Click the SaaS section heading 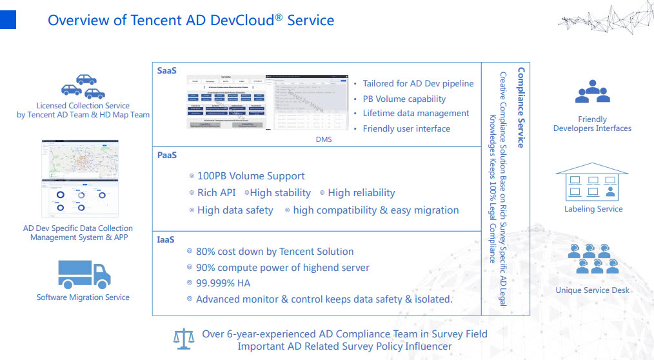pyautogui.click(x=166, y=70)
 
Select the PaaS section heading pyautogui.click(x=166, y=155)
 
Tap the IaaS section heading pyautogui.click(x=166, y=239)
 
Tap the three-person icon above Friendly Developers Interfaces pyautogui.click(x=592, y=92)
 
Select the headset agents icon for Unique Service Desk pyautogui.click(x=593, y=259)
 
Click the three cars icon pyautogui.click(x=83, y=86)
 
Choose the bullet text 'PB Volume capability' pyautogui.click(x=404, y=99)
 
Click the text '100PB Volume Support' pyautogui.click(x=251, y=175)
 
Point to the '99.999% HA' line pyautogui.click(x=223, y=283)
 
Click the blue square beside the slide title pyautogui.click(x=8, y=19)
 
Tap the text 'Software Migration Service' pyautogui.click(x=83, y=297)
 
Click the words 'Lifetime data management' pyautogui.click(x=415, y=114)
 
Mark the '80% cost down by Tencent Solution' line pyautogui.click(x=275, y=251)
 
